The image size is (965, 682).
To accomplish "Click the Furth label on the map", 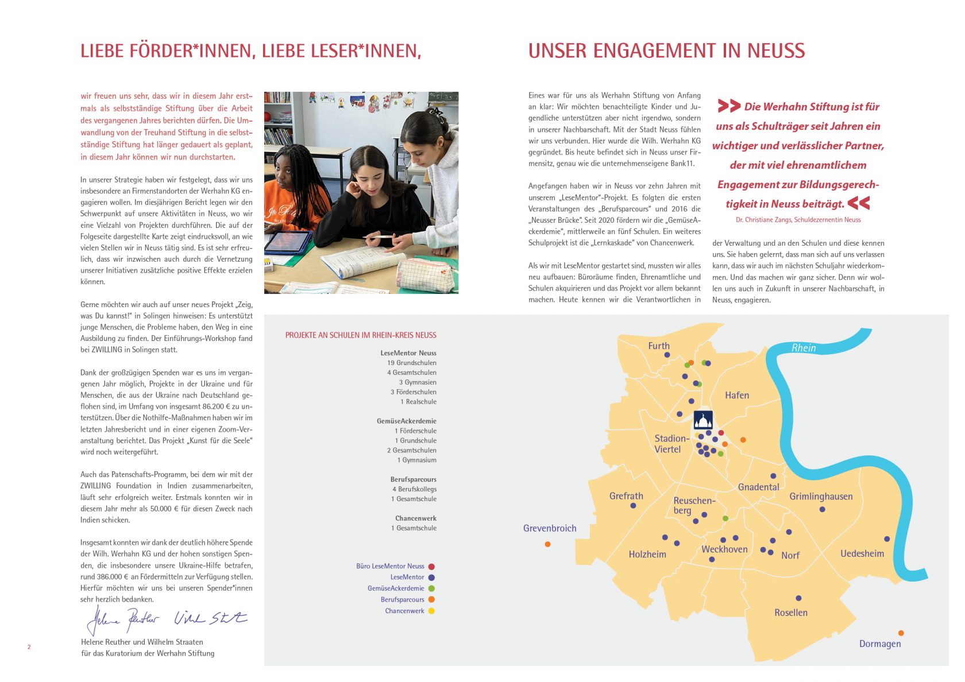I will (659, 346).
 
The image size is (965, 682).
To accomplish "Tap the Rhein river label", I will (803, 348).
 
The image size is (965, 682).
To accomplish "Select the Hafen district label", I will (736, 395).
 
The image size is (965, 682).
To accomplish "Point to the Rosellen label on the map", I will (790, 613).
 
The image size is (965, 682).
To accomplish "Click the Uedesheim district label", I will (862, 553).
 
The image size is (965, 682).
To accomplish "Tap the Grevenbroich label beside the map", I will (549, 528).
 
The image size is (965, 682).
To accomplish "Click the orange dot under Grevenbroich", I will (547, 544).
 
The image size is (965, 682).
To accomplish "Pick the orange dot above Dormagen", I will (901, 633).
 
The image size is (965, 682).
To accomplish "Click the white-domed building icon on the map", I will (703, 420).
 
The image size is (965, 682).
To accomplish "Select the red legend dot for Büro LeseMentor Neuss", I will (431, 567).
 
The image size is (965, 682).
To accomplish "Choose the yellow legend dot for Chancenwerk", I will (431, 611).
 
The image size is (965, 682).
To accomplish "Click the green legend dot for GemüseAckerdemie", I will (431, 588).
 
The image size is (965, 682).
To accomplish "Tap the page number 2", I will (29, 647).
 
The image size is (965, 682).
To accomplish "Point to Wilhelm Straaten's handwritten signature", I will (210, 618).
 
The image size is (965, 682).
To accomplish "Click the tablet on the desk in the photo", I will (289, 241).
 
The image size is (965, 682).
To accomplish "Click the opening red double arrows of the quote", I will (728, 106).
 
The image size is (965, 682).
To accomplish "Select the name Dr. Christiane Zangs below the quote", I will (763, 220).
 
